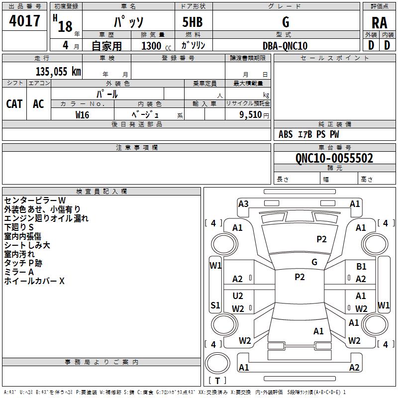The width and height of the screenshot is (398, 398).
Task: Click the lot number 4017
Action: (x=24, y=20)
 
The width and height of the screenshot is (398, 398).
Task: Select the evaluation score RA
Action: (x=380, y=23)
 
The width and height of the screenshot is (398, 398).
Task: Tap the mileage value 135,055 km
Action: (x=58, y=72)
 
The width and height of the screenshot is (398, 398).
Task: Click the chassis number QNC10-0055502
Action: (x=334, y=158)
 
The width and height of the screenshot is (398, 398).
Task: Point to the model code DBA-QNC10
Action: (x=285, y=46)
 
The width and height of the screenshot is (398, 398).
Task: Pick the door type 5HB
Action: (x=193, y=22)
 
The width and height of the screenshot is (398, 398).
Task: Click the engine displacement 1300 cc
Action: (x=156, y=46)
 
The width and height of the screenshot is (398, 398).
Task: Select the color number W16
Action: (x=82, y=115)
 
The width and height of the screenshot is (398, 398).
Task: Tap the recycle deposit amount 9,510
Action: (x=251, y=114)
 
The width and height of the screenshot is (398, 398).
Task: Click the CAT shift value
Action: (x=14, y=104)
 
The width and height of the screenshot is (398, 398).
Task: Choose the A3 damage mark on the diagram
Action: (x=243, y=204)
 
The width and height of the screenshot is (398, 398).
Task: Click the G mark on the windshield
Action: (x=314, y=262)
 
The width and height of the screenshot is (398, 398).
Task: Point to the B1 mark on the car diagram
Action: (x=361, y=266)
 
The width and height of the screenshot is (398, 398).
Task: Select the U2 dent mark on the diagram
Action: (x=238, y=296)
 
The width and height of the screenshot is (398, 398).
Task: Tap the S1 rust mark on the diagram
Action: (x=215, y=305)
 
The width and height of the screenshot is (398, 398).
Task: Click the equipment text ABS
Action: (x=286, y=134)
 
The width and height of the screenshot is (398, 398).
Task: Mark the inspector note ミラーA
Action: (x=19, y=272)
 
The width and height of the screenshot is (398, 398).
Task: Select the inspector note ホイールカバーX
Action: (x=34, y=281)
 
